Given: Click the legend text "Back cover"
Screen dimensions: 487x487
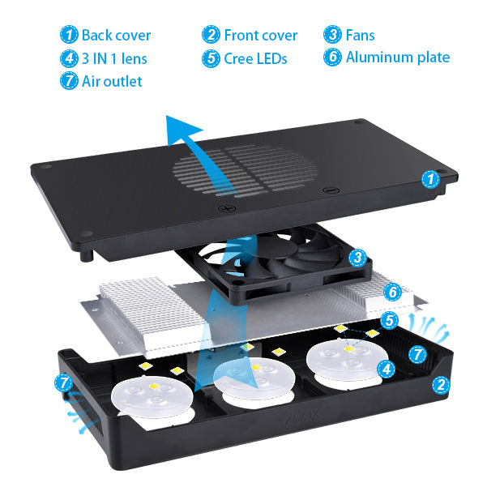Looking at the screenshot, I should coord(116,35).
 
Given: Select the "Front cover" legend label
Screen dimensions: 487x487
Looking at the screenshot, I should coord(260,35).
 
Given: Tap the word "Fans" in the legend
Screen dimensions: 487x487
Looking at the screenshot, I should coord(360,35).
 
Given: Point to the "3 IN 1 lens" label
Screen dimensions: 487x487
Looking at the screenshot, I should coord(114,58).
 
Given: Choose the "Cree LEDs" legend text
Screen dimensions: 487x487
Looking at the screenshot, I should coord(255,58).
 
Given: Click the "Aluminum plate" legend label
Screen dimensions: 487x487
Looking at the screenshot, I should coord(397,58).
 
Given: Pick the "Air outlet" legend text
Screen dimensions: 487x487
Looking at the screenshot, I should coord(112,81).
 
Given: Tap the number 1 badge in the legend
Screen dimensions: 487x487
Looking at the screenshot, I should coord(70,35).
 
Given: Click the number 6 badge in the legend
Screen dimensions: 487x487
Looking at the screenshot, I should coord(332,58).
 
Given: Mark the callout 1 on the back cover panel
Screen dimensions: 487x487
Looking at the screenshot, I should coord(431,178).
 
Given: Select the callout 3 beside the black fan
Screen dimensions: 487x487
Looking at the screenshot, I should coord(357,258).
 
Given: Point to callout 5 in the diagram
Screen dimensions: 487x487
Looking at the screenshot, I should coord(390,322).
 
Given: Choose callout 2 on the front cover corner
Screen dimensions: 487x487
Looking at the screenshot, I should coord(440,385).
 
